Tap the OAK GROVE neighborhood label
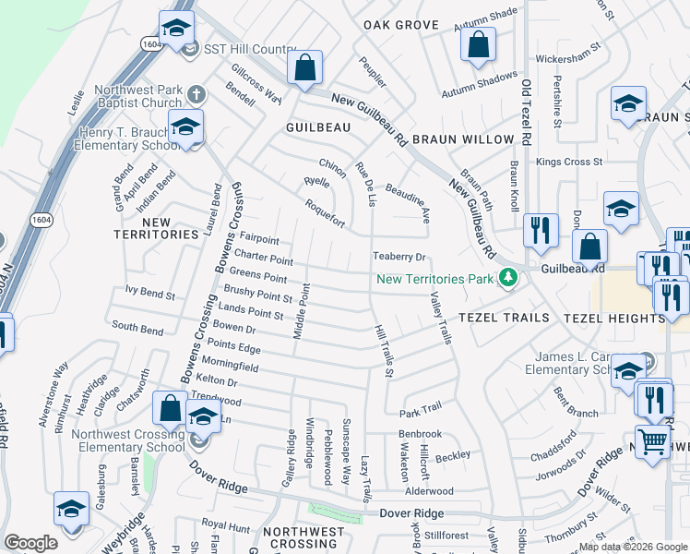[400, 25]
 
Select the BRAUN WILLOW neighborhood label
[462, 139]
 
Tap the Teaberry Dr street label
[399, 257]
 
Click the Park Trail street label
[421, 407]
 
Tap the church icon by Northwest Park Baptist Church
[195, 94]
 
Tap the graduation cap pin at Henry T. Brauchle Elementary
[186, 126]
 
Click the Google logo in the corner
[30, 543]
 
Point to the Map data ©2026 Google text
[632, 547]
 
